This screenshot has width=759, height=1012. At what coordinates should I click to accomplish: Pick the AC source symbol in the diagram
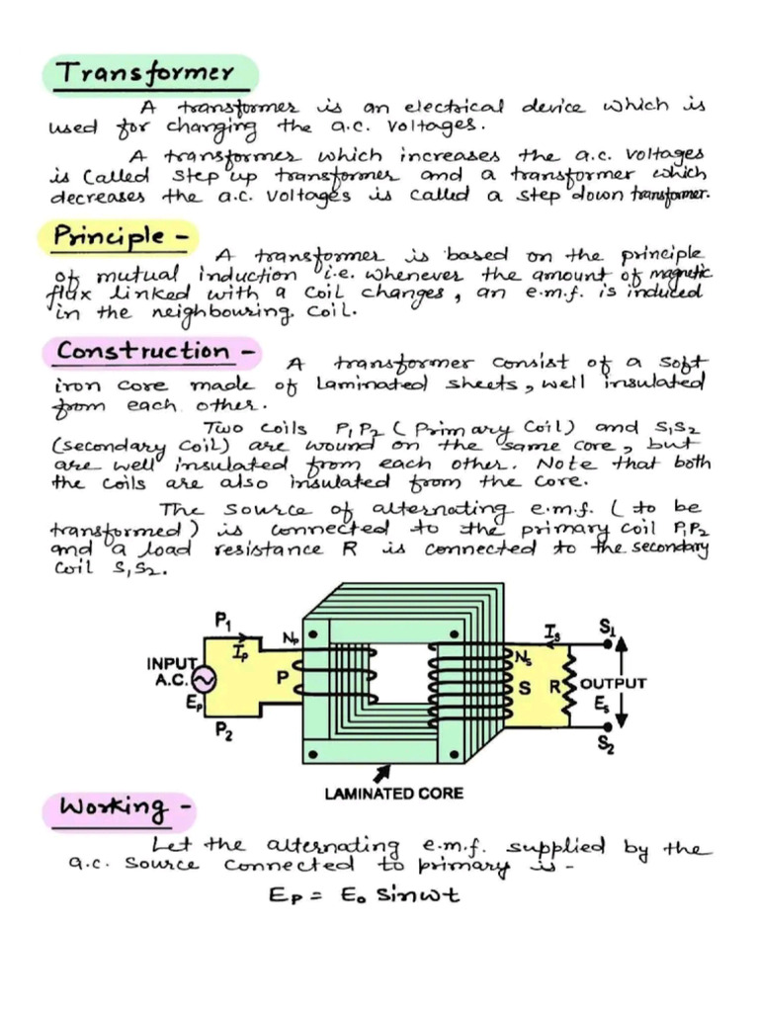[x=207, y=681]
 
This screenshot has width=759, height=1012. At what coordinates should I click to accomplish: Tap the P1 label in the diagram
[x=223, y=620]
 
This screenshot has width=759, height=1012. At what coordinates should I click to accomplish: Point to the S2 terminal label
[x=606, y=747]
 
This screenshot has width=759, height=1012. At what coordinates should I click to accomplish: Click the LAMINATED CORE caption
[x=393, y=793]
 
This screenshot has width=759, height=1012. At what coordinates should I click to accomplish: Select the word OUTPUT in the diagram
[x=613, y=683]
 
